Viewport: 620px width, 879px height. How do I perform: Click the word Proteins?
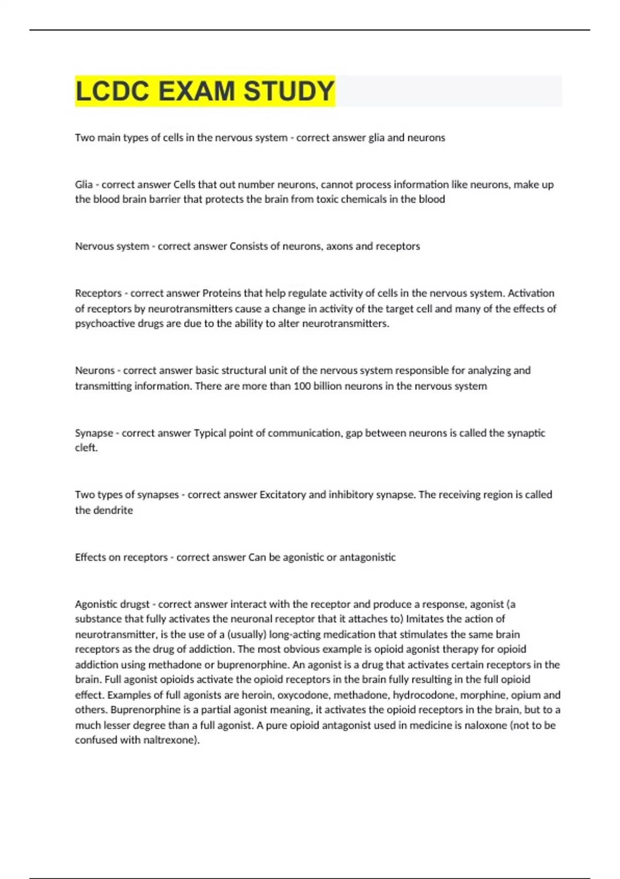(222, 293)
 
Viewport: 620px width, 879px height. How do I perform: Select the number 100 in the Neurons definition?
(302, 386)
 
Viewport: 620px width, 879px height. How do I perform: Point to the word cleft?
(86, 448)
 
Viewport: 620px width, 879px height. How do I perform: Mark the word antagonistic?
(367, 557)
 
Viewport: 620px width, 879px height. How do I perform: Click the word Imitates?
(425, 619)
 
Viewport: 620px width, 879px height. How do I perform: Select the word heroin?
(255, 695)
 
